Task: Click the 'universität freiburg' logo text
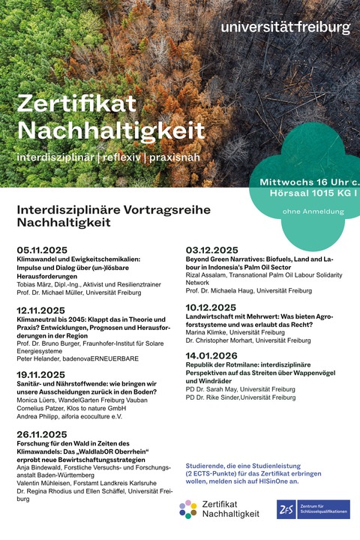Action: click(285, 28)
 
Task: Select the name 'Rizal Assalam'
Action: click(209, 274)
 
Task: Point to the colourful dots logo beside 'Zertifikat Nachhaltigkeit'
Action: click(188, 509)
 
